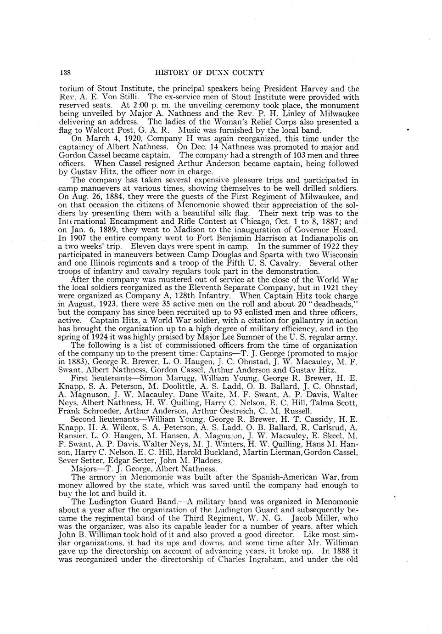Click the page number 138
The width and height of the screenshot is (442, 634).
[64, 72]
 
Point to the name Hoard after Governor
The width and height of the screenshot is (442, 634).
[346, 230]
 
